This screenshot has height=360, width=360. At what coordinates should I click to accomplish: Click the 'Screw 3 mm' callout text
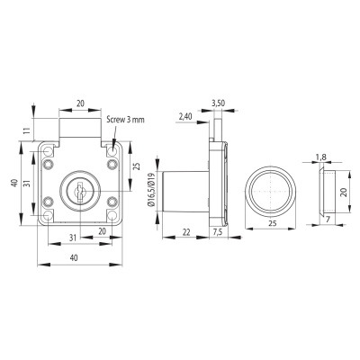pyautogui.click(x=125, y=120)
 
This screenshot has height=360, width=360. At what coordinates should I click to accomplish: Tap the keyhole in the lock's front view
pyautogui.click(x=79, y=191)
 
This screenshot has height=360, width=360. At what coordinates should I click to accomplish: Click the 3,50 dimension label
pyautogui.click(x=218, y=103)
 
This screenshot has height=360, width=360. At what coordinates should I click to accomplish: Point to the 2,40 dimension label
pyautogui.click(x=184, y=117)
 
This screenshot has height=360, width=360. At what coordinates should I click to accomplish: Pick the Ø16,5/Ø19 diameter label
pyautogui.click(x=150, y=190)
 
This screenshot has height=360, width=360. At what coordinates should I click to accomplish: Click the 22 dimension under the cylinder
pyautogui.click(x=186, y=232)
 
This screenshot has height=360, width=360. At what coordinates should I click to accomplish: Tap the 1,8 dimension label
pyautogui.click(x=320, y=157)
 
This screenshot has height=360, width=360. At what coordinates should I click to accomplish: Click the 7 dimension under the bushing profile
pyautogui.click(x=328, y=220)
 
